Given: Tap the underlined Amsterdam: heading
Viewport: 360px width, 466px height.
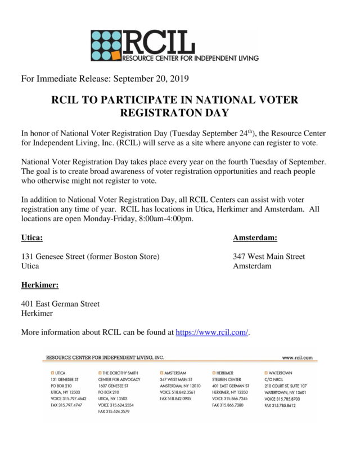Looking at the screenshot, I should pyautogui.click(x=255, y=238).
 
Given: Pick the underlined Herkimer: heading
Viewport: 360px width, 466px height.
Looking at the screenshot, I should pyautogui.click(x=40, y=285).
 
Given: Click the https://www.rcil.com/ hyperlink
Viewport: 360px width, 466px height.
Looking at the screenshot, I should pyautogui.click(x=212, y=332).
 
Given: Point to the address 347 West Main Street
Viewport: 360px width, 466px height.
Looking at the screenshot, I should pyautogui.click(x=269, y=257).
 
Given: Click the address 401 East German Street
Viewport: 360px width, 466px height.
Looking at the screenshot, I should pyautogui.click(x=60, y=304).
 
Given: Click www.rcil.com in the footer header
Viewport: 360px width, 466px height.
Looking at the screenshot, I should pyautogui.click(x=297, y=357).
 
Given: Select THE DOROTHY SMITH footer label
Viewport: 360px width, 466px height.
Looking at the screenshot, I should pyautogui.click(x=120, y=373).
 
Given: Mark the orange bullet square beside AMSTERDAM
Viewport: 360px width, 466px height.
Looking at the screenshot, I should pyautogui.click(x=161, y=373).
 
